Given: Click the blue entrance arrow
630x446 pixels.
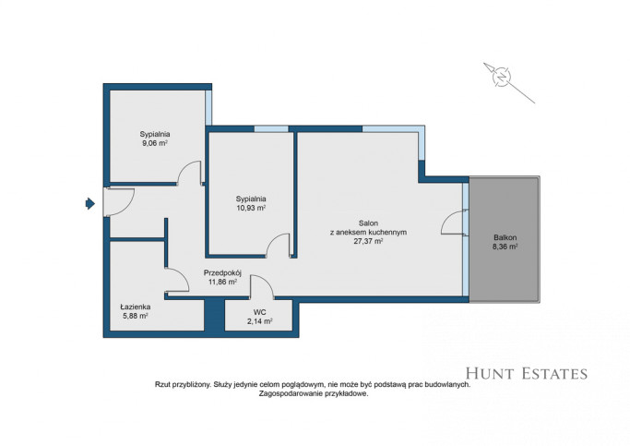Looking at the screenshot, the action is (x=90, y=204).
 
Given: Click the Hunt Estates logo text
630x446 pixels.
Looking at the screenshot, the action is (x=527, y=374).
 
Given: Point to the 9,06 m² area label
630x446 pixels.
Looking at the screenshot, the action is (x=155, y=143).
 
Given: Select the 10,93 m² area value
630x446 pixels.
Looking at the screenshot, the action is (x=251, y=208).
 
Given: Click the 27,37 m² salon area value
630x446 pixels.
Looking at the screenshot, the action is (x=368, y=241).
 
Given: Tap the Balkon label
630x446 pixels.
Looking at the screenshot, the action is (x=505, y=237).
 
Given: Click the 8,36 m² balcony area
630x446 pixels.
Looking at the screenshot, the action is (x=505, y=247).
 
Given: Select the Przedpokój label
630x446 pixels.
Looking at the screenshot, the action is (x=222, y=273).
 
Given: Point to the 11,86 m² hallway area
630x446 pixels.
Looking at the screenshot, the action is (x=222, y=282).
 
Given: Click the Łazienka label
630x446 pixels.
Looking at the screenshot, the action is (x=136, y=307).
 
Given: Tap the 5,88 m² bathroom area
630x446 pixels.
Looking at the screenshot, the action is (x=136, y=316).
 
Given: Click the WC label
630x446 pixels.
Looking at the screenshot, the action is (x=259, y=312).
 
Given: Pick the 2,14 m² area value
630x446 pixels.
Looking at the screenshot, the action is (x=259, y=321).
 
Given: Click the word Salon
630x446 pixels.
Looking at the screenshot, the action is (x=368, y=223).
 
